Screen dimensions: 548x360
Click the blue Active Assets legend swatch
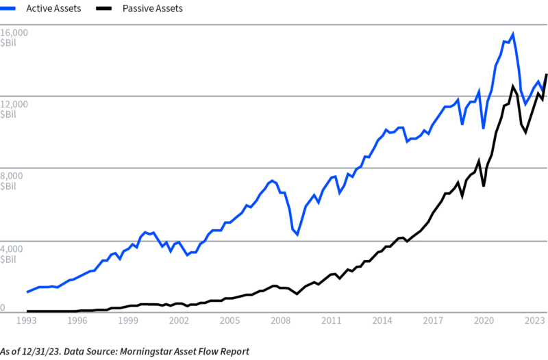point(8,8)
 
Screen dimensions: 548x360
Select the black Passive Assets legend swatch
point(104,8)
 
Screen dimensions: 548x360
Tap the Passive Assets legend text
point(152,8)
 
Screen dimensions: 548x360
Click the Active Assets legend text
point(53,8)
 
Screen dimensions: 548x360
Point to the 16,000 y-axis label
point(14,32)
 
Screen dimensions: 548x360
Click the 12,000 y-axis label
point(14,104)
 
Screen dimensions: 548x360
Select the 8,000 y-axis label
point(12,176)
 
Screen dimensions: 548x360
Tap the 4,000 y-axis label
point(12,249)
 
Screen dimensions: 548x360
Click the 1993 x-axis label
point(27,320)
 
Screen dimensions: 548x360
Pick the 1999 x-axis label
point(128,320)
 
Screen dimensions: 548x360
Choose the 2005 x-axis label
point(229,320)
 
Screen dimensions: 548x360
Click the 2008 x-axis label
point(281,320)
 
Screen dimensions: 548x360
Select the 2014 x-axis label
point(382,320)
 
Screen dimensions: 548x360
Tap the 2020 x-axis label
point(484,320)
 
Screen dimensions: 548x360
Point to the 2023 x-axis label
point(535,320)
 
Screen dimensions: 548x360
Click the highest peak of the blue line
point(512,34)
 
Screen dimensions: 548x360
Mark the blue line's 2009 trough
point(297,234)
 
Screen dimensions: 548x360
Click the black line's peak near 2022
point(513,86)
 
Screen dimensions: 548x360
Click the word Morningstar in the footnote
point(142,351)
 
